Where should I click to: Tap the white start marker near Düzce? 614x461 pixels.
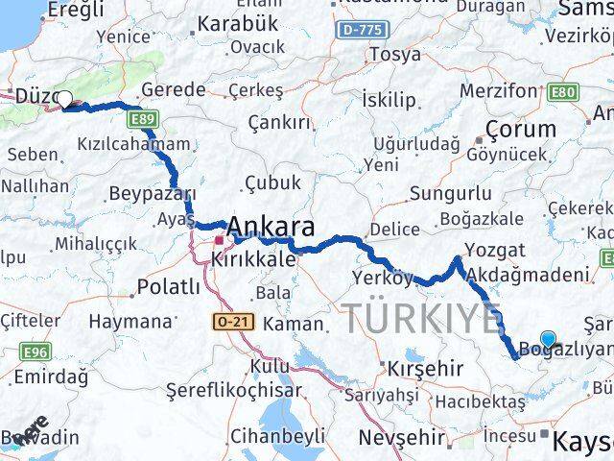[x=64, y=98]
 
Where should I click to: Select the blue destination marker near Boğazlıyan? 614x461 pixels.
[x=548, y=338]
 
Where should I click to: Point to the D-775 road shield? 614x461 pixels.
[x=366, y=30]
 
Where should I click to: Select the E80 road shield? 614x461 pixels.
[x=565, y=92]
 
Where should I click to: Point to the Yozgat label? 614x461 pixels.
[x=493, y=250]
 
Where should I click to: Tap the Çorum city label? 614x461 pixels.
[x=521, y=128]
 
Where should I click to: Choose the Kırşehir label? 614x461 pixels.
[x=425, y=368]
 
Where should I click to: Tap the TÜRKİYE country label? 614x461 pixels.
[x=421, y=318]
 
